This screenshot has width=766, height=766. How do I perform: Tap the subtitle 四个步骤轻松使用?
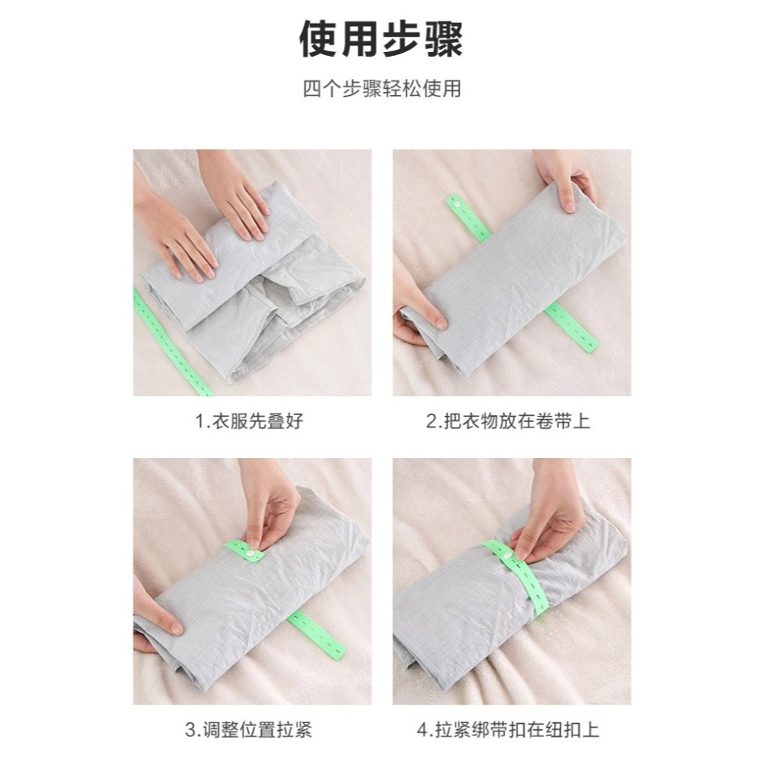coord(382,89)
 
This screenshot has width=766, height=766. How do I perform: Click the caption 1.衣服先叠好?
coord(249,421)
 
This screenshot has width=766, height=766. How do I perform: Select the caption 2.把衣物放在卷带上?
coord(508,421)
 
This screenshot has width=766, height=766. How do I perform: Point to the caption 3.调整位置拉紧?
coord(249,730)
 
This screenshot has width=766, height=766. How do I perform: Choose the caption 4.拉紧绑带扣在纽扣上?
coord(508,730)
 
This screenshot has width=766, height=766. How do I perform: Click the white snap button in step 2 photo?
coord(457,201)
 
